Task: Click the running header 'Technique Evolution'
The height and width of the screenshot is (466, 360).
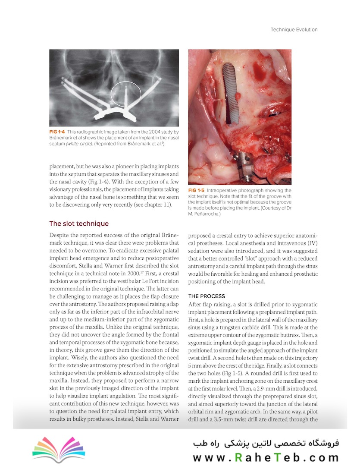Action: tap(294, 30)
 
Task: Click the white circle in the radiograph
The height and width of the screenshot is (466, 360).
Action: tap(125, 94)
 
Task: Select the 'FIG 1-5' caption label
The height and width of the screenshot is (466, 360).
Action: tap(197, 190)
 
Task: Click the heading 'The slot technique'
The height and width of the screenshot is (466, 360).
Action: tap(79, 224)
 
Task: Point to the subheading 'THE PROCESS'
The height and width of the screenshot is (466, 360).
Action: tap(207, 296)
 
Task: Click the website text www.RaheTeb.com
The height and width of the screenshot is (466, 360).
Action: tap(266, 457)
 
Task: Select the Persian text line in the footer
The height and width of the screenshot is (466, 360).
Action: tap(266, 443)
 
